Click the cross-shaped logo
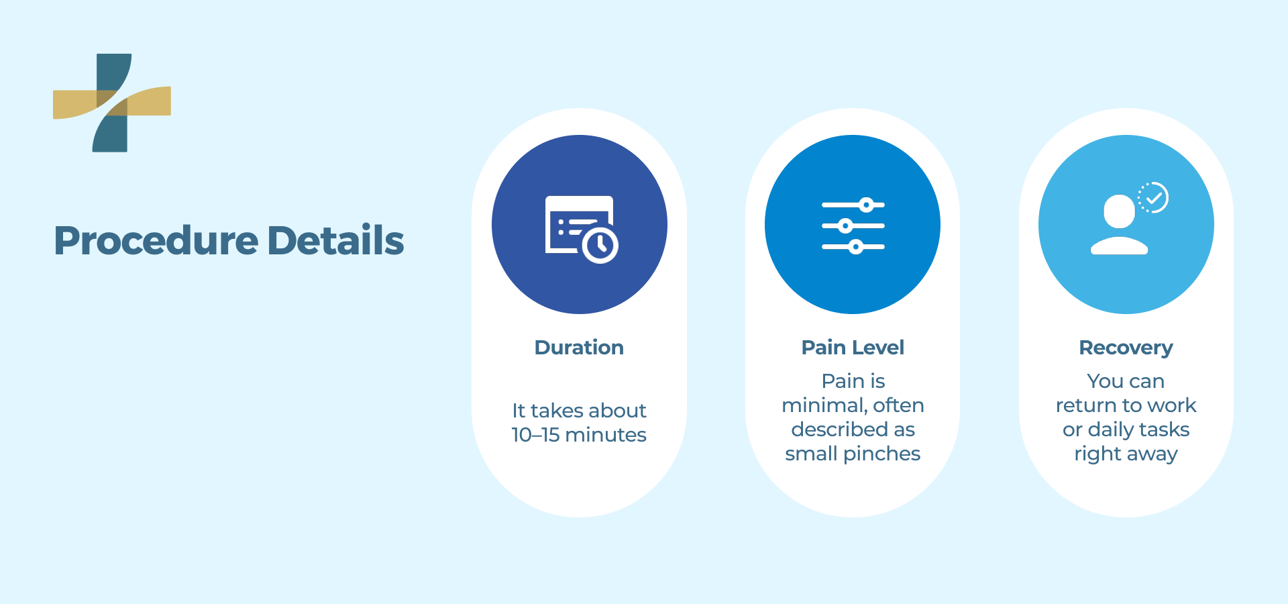click(112, 103)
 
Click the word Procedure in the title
click(156, 241)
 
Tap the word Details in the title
click(335, 240)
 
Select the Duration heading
click(579, 347)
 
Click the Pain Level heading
click(853, 347)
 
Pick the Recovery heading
click(1126, 348)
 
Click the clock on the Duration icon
click(600, 245)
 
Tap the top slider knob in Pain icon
click(867, 205)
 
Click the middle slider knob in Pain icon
click(845, 225)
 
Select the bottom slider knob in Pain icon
click(855, 247)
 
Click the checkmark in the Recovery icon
click(1154, 198)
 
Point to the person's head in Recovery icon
click(1119, 211)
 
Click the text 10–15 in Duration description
click(535, 435)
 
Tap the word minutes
click(606, 435)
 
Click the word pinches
click(881, 454)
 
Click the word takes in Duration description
click(557, 411)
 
